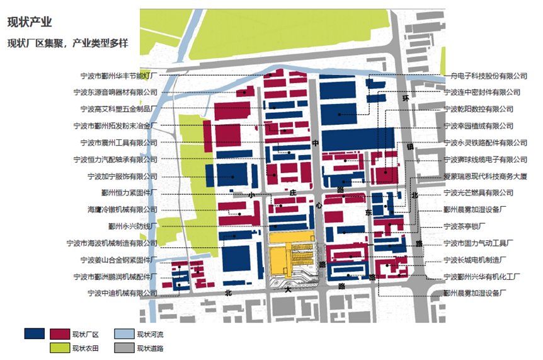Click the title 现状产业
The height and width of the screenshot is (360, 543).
[30, 23]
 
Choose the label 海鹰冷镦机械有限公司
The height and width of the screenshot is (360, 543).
[122, 209]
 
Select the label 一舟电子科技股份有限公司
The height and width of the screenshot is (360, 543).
[485, 76]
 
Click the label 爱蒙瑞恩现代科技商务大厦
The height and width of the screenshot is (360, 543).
[485, 176]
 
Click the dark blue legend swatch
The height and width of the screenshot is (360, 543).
[34, 334]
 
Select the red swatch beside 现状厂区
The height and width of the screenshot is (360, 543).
[60, 334]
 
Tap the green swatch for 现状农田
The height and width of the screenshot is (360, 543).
[60, 348]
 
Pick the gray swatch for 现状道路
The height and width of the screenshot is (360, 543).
[125, 348]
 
